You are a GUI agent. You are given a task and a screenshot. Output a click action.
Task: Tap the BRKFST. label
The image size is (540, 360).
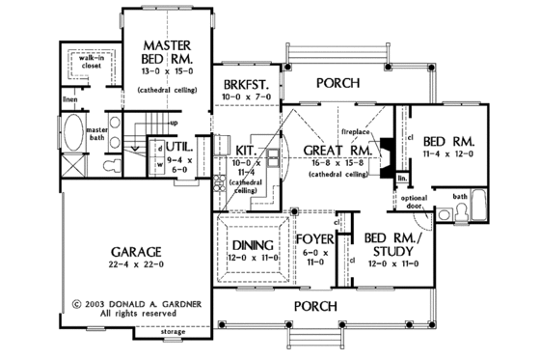pyautogui.click(x=241, y=84)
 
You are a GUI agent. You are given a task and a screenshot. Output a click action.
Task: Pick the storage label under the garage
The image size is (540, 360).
pyautogui.click(x=174, y=344)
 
